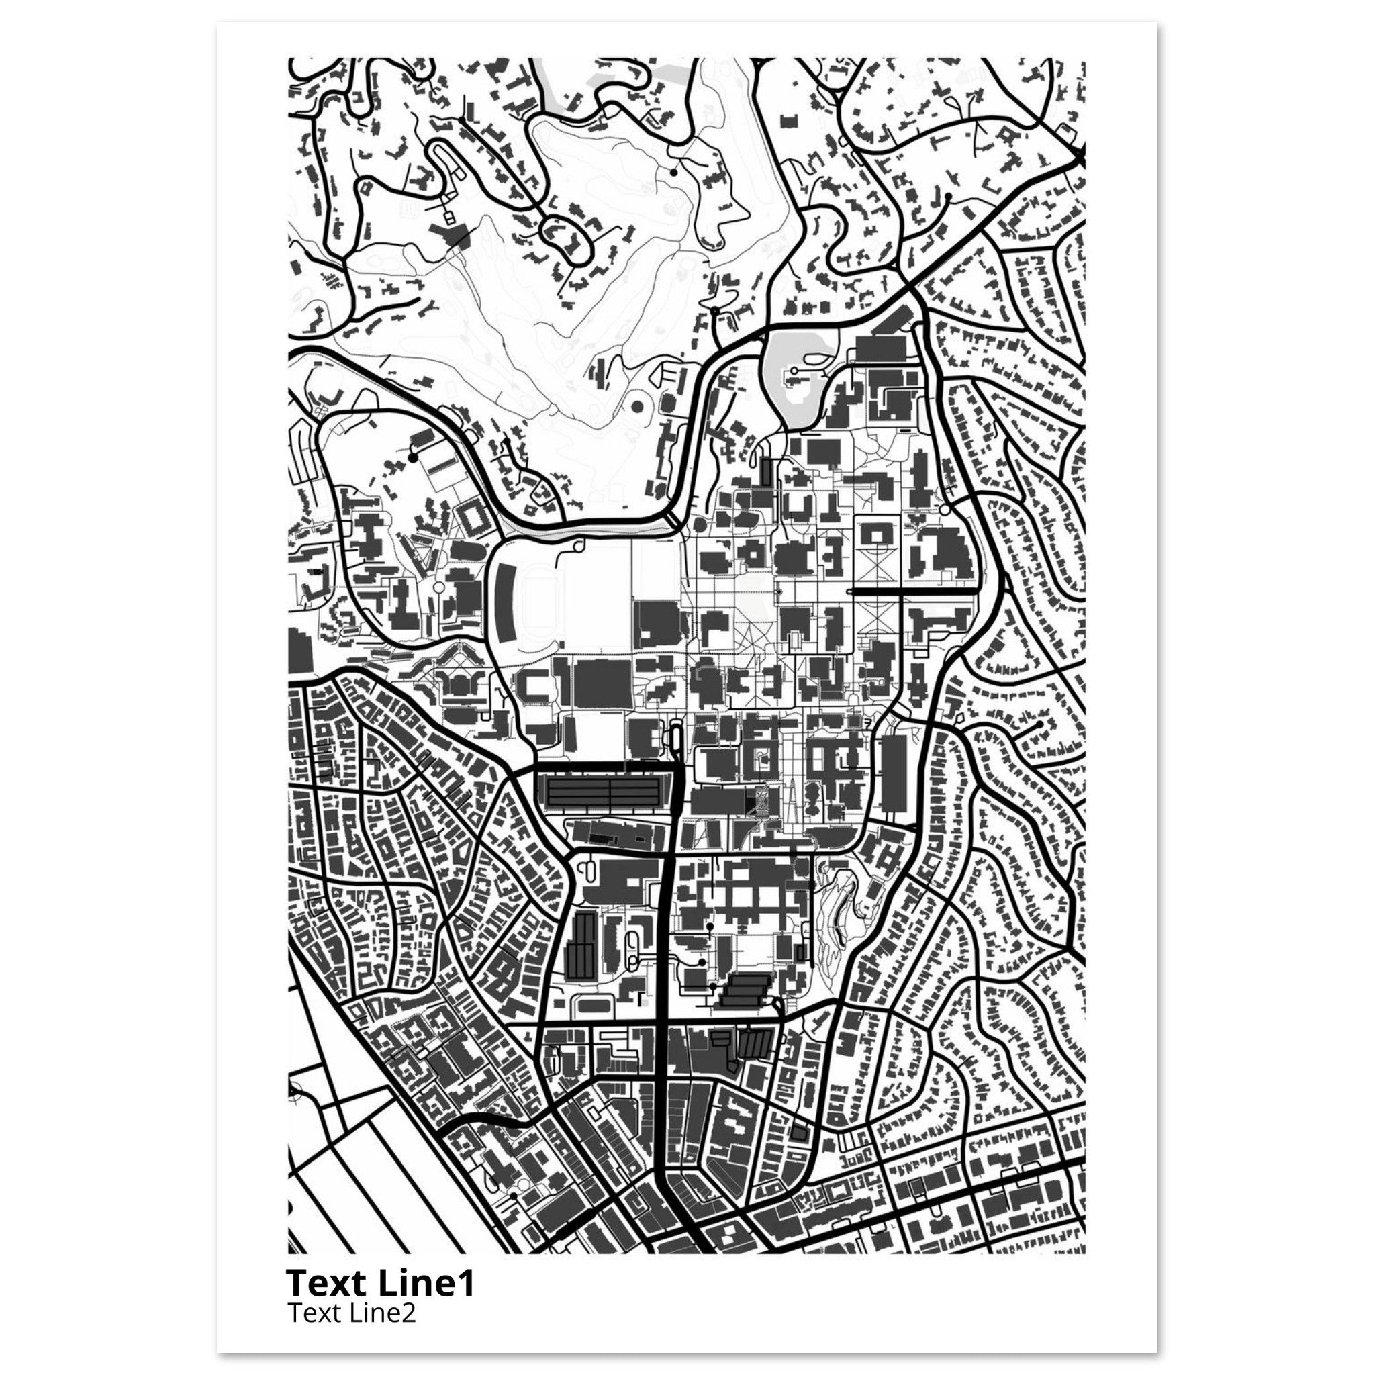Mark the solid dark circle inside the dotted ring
(638, 407)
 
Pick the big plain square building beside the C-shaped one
(602, 683)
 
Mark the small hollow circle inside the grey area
(792, 371)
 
